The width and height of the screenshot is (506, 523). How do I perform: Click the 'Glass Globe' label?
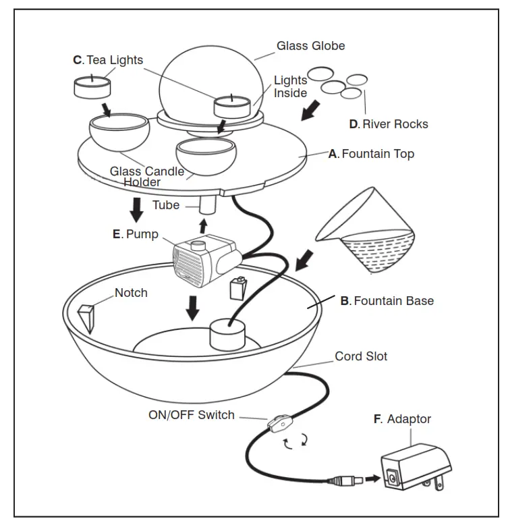coord(310,46)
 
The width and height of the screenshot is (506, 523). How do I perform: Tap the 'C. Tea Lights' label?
coord(108,60)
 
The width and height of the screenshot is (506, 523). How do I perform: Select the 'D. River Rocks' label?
coord(389,124)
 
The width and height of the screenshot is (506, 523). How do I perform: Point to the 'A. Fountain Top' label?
coord(371,154)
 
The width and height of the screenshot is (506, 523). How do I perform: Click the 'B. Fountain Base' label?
coord(387,301)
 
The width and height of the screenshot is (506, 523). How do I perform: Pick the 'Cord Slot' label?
coord(361,356)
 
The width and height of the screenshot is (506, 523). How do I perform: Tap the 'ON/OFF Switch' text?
coord(192,415)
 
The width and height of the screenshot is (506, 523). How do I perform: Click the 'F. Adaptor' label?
coord(402,419)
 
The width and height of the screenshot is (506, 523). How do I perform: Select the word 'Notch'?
coord(131,293)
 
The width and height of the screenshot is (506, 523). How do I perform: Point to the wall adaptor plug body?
coord(416,467)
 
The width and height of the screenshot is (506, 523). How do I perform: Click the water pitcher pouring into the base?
coord(365,230)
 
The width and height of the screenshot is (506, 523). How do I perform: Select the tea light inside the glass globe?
coord(232,106)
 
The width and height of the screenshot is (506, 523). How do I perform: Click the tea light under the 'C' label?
coord(92,87)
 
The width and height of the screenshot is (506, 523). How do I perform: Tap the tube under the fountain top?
coord(208,204)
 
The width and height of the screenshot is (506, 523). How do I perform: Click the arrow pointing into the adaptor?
coord(372,479)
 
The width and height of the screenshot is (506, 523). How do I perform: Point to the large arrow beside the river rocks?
coord(310,111)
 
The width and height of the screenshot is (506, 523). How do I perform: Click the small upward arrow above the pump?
coord(203,226)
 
